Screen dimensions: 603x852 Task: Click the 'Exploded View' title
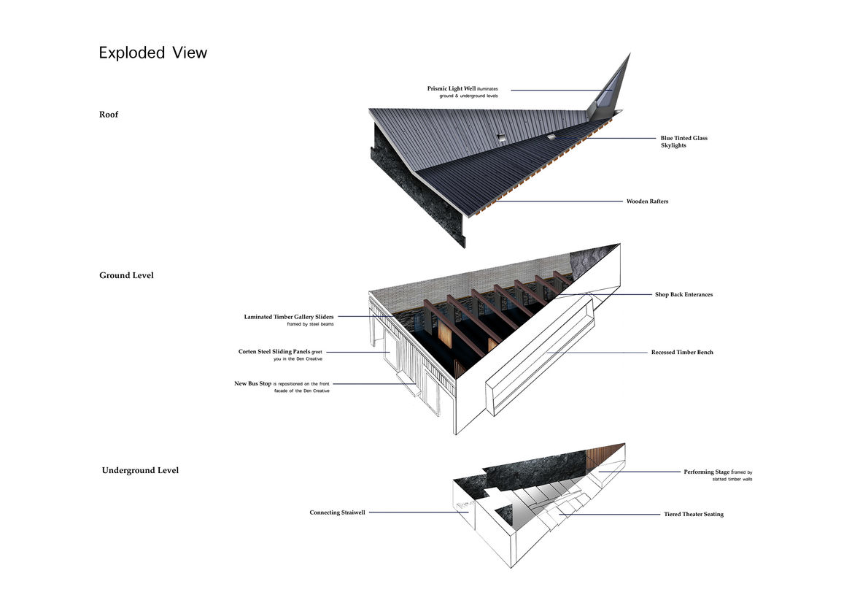tap(153, 53)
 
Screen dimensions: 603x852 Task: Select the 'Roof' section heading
tap(109, 115)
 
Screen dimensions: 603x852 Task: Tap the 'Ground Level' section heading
tap(126, 275)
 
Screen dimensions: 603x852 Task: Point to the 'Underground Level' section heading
tap(140, 470)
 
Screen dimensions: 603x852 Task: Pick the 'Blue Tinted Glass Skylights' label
tap(683, 142)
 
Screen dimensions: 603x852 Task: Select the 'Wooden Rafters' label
tap(647, 201)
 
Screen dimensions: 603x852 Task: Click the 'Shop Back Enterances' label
tap(683, 295)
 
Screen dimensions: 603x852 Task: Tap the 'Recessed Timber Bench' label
tap(682, 353)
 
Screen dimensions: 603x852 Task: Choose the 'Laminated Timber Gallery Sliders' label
tap(289, 317)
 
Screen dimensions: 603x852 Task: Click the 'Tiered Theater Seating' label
tap(693, 515)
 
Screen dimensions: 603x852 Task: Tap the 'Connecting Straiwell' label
tap(337, 512)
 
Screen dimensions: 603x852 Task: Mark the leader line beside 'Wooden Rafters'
tap(554, 201)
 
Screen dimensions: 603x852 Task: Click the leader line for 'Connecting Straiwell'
tap(416, 512)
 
